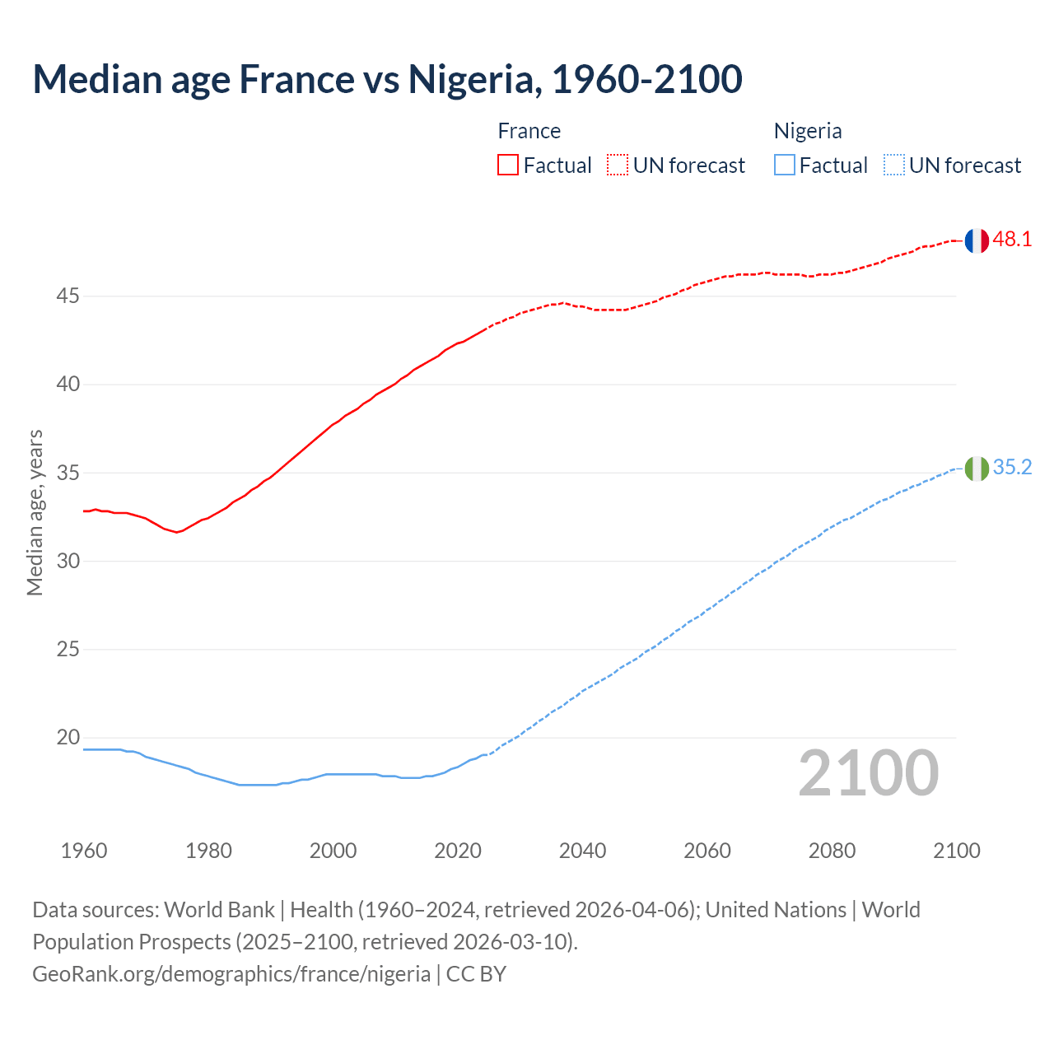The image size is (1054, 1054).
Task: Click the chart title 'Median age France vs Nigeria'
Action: (387, 79)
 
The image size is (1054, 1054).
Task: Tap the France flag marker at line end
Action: (976, 240)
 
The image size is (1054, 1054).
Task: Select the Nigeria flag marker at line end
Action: (976, 469)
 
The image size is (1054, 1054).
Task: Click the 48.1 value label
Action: (1012, 240)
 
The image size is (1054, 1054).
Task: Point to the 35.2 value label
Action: (1012, 468)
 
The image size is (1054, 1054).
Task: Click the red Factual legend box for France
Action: (508, 166)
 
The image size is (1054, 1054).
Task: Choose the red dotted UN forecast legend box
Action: (618, 166)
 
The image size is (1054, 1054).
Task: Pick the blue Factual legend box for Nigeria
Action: (785, 166)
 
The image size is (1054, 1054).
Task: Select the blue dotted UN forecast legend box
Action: (893, 166)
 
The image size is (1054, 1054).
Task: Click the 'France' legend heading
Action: (529, 131)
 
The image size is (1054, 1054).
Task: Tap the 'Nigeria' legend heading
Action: (807, 131)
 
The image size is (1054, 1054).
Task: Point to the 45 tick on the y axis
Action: (68, 296)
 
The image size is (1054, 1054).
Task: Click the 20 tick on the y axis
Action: (68, 738)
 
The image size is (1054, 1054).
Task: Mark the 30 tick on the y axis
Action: (68, 561)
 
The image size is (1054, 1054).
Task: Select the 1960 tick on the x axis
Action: (84, 851)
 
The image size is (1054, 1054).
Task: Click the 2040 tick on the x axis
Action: (582, 851)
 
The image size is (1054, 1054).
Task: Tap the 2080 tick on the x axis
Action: (832, 851)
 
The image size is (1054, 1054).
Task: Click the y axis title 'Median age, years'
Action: (35, 512)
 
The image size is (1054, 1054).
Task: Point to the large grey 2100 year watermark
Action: (868, 773)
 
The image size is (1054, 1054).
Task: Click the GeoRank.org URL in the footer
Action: (231, 974)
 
